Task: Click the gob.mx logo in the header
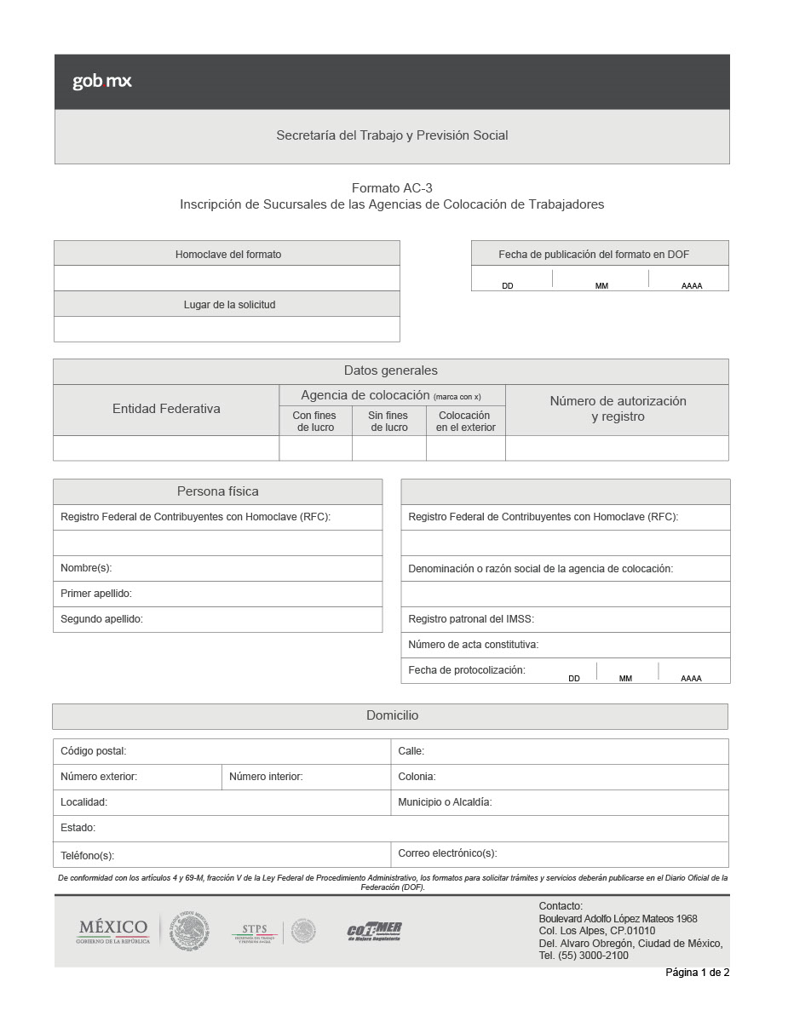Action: tap(101, 82)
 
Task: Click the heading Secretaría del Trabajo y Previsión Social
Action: tap(392, 135)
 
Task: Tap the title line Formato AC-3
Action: tap(392, 188)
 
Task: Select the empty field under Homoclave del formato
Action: tap(227, 278)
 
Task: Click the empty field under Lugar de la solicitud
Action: tap(227, 330)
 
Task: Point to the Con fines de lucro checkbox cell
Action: tap(315, 448)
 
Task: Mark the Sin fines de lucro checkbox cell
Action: tap(388, 448)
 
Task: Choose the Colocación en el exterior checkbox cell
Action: tap(465, 448)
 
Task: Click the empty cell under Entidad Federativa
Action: tap(166, 448)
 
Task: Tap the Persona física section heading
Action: tap(217, 491)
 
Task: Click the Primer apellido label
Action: tap(96, 594)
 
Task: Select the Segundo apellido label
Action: tap(101, 619)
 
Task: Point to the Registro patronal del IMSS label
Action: tap(471, 619)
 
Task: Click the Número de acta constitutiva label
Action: tap(473, 645)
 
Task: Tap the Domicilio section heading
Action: tap(392, 716)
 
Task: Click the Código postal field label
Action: tap(93, 751)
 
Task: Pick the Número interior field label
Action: tap(266, 777)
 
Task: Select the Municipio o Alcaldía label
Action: tap(445, 802)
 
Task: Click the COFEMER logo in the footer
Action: tap(374, 931)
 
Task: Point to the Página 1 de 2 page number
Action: tap(697, 973)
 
